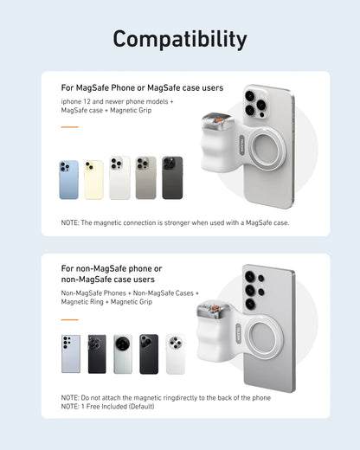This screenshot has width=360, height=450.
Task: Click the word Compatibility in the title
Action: tap(180, 39)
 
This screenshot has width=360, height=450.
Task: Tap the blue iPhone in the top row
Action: tap(68, 179)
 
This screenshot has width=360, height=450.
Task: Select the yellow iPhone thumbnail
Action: tap(93, 179)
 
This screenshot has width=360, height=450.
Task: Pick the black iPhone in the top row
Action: tap(172, 178)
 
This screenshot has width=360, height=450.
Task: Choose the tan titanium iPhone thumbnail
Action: tap(146, 178)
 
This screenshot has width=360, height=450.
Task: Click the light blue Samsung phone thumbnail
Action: tap(71, 354)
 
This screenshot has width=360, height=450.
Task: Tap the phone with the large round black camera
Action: tap(123, 354)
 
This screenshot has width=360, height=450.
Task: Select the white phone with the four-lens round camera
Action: tap(176, 354)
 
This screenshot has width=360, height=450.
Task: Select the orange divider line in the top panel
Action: tap(69, 127)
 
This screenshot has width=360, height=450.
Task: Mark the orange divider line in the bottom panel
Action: tap(69, 319)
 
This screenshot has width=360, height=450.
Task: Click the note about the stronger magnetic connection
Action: tap(175, 222)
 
